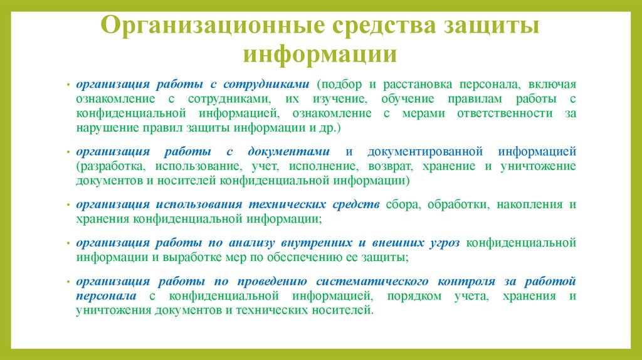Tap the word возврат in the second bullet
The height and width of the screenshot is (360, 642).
click(x=389, y=166)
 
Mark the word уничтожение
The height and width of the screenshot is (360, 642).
click(x=537, y=166)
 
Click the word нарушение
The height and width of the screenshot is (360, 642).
click(x=105, y=128)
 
